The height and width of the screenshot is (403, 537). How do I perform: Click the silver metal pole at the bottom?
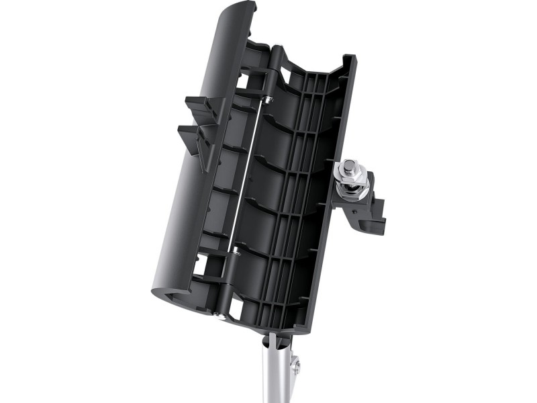[277, 376]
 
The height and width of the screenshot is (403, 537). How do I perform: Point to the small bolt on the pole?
[295, 366]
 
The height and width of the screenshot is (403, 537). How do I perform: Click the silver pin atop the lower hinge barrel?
[236, 252]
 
